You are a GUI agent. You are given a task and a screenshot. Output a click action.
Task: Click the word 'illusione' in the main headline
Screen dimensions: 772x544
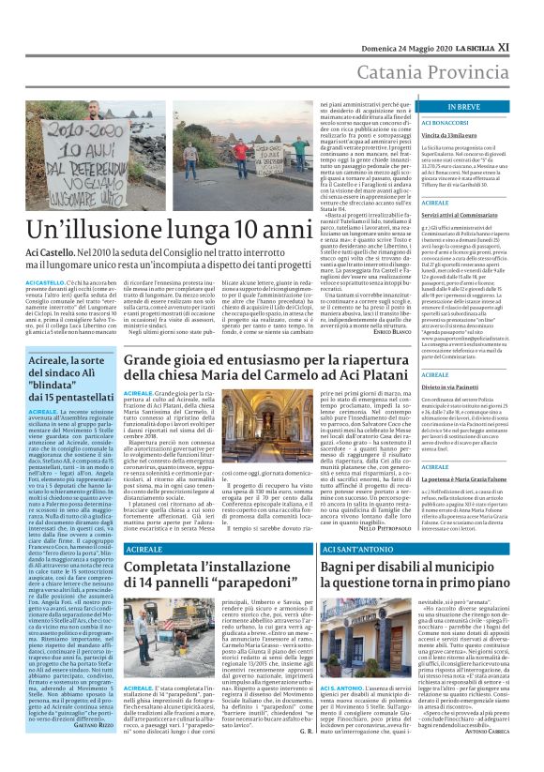coord(144,229)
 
